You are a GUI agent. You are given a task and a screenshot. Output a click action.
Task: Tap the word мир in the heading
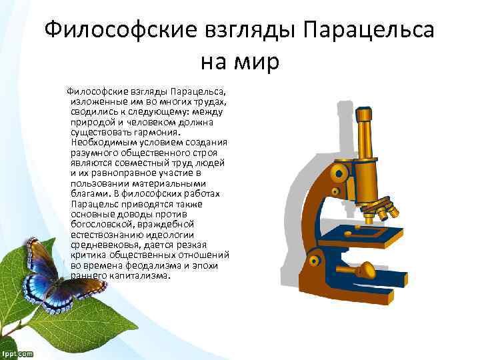click(x=257, y=63)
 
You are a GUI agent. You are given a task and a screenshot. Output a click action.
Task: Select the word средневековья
click(x=105, y=245)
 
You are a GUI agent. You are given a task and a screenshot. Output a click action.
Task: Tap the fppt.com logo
click(x=17, y=353)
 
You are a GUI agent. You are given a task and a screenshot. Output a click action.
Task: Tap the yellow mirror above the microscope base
click(x=365, y=270)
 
